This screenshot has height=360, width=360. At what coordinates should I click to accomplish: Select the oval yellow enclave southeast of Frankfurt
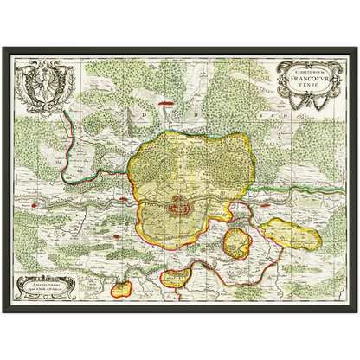239,241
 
